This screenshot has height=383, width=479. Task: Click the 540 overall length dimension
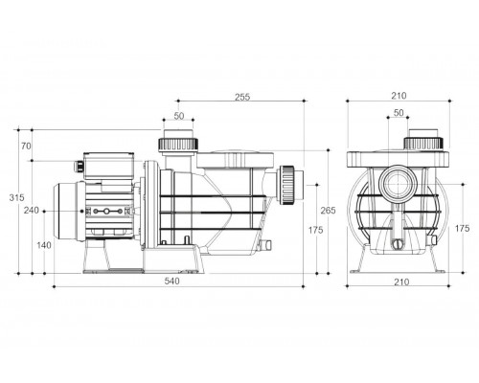pos(171,282)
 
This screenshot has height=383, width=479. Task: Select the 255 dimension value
pos(242,97)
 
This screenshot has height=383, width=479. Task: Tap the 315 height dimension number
pos(16,198)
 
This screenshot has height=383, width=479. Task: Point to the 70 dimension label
pos(26,146)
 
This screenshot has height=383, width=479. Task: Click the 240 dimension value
pos(32,211)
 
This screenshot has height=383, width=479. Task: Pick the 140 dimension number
pos(44,245)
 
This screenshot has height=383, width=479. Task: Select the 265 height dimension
pos(328,211)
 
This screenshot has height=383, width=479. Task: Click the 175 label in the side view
pos(315,230)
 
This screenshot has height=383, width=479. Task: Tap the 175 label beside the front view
pos(462,229)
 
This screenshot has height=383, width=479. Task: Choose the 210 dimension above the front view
pos(399,96)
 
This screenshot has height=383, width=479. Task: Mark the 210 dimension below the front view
pos(401,282)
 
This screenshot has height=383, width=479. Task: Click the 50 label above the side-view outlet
pos(179,116)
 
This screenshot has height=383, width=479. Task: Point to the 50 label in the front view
pos(399,113)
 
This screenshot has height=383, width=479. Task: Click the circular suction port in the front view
pos(399,185)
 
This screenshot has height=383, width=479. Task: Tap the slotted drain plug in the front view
pos(398,244)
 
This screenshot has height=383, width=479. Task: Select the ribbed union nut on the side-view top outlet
pos(178,145)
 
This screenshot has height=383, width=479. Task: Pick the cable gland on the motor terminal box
pos(79,166)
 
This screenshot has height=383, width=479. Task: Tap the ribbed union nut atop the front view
pos(423,144)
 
